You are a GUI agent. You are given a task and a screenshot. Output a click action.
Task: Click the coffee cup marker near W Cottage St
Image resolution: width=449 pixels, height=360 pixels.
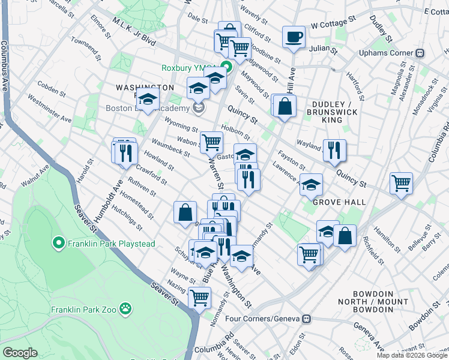point(294,37)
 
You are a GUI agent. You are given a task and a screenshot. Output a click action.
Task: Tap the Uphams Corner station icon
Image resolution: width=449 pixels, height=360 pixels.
point(421,53)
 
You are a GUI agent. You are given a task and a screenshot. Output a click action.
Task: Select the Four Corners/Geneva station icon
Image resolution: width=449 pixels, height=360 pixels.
point(307,319)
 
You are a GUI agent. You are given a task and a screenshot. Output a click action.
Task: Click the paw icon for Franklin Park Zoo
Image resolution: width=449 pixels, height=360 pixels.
point(125,308)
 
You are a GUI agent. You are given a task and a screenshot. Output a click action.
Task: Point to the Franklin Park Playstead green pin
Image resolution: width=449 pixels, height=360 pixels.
point(58,244)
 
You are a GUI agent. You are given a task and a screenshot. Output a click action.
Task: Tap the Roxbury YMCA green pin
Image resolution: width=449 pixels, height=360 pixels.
point(226,67)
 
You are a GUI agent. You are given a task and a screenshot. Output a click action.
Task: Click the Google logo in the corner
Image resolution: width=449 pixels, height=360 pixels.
point(20,352)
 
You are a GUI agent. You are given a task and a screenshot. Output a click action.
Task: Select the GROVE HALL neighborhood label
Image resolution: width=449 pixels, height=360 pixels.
point(339,202)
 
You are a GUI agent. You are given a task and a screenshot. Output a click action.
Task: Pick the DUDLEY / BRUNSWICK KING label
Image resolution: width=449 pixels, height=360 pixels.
point(332,112)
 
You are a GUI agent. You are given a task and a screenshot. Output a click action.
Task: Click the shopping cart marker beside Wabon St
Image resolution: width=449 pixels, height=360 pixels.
point(211,143)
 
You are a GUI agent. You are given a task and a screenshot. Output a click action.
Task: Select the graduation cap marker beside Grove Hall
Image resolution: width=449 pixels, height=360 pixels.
point(311,185)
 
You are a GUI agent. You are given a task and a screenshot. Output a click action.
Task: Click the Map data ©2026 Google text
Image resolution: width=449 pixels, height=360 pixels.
point(412,355)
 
